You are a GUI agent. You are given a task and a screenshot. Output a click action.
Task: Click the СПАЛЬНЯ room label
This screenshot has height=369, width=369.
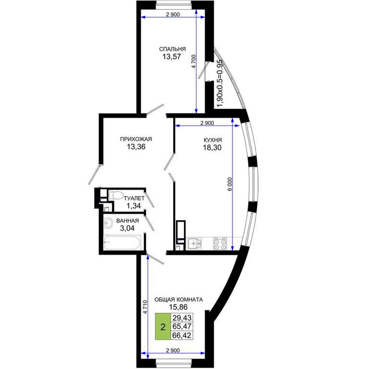(172, 49)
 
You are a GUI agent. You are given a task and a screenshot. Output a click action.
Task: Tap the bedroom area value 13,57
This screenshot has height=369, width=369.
(172, 57)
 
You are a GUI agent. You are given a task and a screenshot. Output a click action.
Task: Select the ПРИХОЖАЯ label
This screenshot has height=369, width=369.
(136, 139)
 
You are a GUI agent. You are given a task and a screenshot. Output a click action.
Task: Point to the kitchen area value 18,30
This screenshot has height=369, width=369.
(212, 148)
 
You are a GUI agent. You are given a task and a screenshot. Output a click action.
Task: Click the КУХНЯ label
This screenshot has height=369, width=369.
(212, 140)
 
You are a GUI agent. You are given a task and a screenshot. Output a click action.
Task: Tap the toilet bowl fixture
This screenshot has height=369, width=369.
(115, 196)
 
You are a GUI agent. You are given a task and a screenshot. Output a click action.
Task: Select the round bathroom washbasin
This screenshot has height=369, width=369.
(108, 222)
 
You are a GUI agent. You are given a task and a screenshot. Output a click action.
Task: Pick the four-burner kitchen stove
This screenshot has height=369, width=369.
(220, 243)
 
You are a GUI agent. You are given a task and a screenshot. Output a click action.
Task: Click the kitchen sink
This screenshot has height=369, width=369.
(195, 243)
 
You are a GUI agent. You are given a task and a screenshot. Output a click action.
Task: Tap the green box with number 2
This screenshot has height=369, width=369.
(163, 326)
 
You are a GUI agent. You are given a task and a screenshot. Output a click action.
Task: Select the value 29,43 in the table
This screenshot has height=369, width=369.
(182, 318)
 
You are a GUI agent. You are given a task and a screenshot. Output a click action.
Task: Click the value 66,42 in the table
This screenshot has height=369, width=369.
(182, 335)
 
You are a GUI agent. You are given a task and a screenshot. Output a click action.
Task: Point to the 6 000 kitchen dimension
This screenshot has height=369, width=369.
(230, 184)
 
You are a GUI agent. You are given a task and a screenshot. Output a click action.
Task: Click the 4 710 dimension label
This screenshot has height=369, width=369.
(145, 307)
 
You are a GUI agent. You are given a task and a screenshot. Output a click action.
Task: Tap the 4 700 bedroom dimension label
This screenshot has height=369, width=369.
(194, 61)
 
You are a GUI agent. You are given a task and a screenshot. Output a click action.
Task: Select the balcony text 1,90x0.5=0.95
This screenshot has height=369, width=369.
(220, 83)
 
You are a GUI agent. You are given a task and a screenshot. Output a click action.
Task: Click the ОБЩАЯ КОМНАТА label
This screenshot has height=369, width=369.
(179, 300)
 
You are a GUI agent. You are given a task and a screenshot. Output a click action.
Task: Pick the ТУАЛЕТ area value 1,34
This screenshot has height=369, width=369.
(134, 206)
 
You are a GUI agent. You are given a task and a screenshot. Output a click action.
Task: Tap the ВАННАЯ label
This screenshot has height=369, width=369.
(127, 221)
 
